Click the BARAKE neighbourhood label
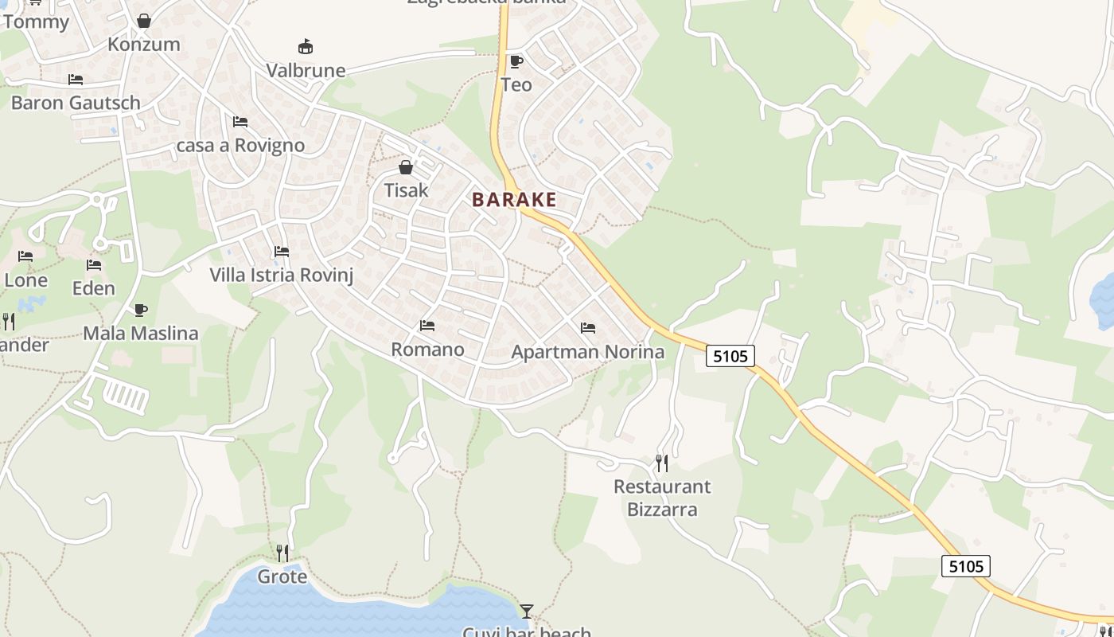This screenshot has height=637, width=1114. [514, 199]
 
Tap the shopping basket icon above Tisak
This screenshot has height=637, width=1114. [406, 167]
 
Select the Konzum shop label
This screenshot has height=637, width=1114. [144, 44]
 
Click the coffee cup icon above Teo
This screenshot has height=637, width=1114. [516, 61]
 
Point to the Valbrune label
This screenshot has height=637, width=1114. [306, 70]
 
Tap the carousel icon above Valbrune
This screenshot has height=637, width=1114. [305, 47]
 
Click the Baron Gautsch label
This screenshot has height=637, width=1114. [76, 103]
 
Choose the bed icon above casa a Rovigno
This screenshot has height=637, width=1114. [240, 122]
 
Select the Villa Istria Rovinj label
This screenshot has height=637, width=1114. [281, 276]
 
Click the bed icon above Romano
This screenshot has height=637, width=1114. [427, 326]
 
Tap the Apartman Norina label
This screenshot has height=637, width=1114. [587, 351]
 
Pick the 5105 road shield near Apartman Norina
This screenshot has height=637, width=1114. [730, 356]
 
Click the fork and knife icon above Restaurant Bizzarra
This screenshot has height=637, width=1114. [661, 463]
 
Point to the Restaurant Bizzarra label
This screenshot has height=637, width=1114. [662, 498]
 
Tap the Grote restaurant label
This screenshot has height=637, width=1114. [282, 576]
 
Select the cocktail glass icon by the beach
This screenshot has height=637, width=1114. [526, 611]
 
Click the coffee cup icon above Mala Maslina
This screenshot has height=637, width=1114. [141, 310]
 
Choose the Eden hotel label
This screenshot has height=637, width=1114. [94, 288]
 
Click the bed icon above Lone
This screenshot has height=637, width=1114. [25, 256]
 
